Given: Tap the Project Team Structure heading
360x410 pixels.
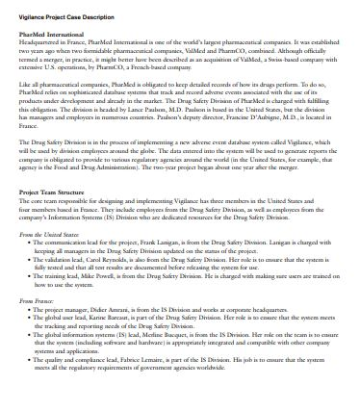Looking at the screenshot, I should point(51,219).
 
